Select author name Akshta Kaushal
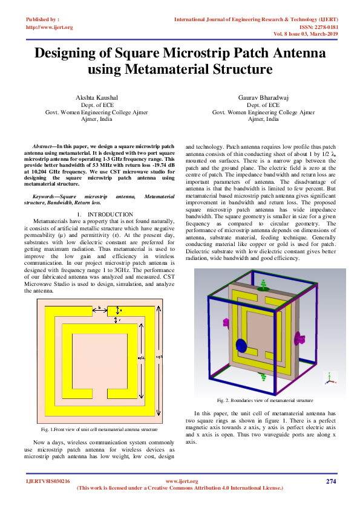(x=97, y=97)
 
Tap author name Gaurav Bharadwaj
(x=263, y=97)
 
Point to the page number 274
(x=330, y=481)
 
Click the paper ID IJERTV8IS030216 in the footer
(x=48, y=481)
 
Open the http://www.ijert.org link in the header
(x=50, y=27)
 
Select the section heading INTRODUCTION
(x=94, y=215)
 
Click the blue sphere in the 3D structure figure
(x=241, y=346)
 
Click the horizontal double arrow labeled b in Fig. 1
(x=99, y=309)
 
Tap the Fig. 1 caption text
(x=99, y=429)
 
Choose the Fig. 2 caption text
(x=264, y=400)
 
